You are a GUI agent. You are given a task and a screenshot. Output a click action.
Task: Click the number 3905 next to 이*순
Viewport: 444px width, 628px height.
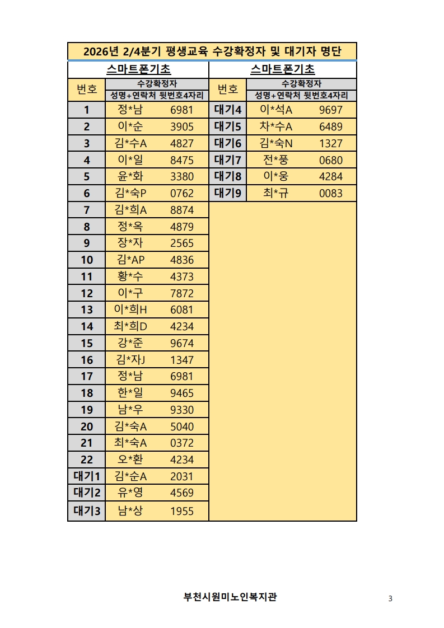point(181,126)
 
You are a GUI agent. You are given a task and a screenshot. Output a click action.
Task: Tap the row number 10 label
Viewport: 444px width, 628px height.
point(87,260)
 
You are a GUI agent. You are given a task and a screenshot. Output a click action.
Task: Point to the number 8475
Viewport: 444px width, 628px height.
point(181,160)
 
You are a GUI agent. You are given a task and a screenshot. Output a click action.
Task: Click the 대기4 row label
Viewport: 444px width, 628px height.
point(227,110)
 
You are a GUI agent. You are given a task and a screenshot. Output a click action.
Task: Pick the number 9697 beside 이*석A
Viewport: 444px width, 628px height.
point(330,110)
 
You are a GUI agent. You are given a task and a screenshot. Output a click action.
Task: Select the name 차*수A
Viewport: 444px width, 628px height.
point(276,126)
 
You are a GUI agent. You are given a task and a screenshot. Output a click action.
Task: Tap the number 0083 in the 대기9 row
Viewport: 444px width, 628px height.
point(330,194)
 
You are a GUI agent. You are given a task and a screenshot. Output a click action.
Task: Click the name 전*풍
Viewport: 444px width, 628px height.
point(276,160)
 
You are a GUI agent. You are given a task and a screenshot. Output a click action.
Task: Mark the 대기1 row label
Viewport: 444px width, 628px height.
point(87,476)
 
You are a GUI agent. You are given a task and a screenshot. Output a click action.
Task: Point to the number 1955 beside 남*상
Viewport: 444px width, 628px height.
point(181,510)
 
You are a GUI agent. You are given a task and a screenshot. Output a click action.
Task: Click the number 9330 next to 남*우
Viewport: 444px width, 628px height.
point(181,410)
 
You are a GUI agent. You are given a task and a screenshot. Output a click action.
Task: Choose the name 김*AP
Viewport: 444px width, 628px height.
point(130,260)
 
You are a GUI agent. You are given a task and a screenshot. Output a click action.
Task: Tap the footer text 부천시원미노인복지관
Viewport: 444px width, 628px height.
point(230,597)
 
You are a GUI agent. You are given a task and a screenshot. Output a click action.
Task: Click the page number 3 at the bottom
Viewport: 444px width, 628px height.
point(390,598)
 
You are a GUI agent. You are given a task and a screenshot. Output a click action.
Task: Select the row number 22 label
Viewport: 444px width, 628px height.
point(87,460)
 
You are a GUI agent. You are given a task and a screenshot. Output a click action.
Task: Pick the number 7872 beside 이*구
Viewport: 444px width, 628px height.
point(181,293)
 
